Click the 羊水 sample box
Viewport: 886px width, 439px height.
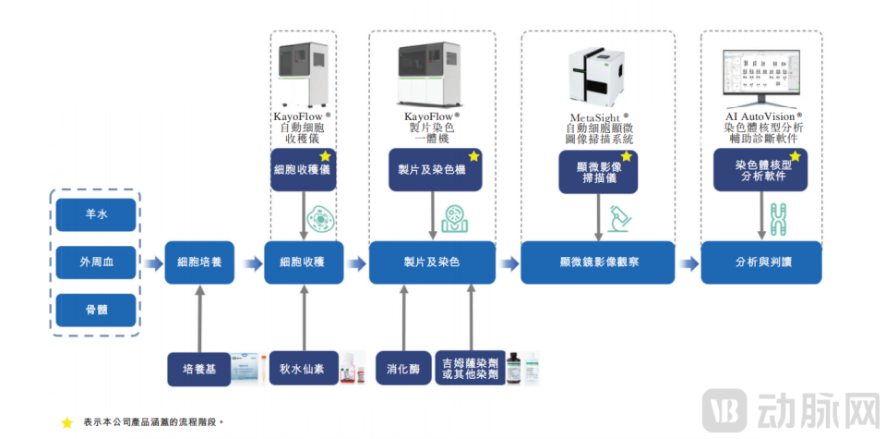pos(96,215)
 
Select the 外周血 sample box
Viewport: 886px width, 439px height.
pos(96,262)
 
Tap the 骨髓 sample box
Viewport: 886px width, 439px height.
pos(96,310)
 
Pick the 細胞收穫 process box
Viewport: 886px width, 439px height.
pos(304,262)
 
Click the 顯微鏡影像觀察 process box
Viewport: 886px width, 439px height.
pos(597,262)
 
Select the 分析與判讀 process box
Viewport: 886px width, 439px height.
pos(760,262)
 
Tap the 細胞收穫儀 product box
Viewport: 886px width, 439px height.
pos(302,170)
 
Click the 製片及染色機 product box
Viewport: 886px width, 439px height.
pos(433,170)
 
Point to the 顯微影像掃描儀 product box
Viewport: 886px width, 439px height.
pos(597,172)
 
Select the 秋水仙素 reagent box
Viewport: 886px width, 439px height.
pos(304,369)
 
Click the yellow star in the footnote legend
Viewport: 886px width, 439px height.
pos(66,422)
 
